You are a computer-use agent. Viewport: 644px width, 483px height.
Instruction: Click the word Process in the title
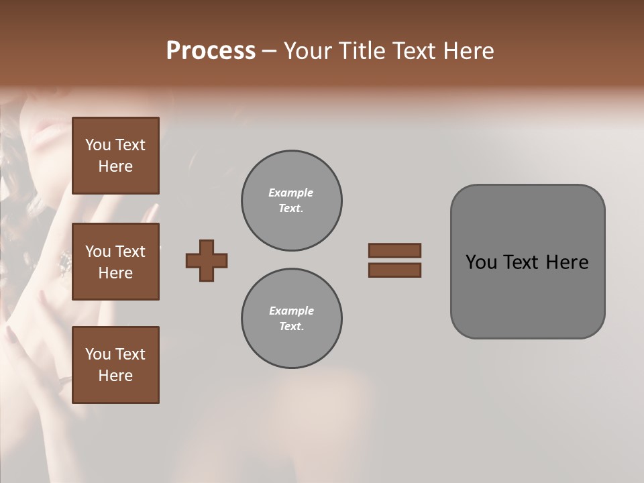tap(211, 51)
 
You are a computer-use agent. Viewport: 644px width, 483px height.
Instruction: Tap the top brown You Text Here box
tap(115, 156)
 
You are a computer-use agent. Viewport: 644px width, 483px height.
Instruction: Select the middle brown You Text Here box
tap(115, 262)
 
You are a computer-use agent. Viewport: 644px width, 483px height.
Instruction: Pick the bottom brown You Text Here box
tap(115, 365)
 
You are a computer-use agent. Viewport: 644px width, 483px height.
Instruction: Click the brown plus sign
tap(207, 260)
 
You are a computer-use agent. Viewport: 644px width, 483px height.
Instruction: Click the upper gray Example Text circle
tap(291, 201)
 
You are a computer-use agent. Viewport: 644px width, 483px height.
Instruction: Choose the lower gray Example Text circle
tap(291, 319)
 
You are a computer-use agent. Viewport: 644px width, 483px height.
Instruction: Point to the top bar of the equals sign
tap(394, 251)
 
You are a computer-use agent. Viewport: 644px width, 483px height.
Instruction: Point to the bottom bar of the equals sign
tap(394, 270)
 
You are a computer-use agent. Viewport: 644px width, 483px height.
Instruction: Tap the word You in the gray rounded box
tap(482, 262)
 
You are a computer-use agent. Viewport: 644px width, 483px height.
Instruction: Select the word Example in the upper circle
tap(291, 193)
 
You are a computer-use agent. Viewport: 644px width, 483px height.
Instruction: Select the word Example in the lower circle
tap(291, 311)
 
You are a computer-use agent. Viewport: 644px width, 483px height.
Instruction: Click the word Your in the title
tap(309, 51)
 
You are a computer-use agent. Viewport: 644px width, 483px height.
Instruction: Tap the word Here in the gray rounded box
tap(567, 262)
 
